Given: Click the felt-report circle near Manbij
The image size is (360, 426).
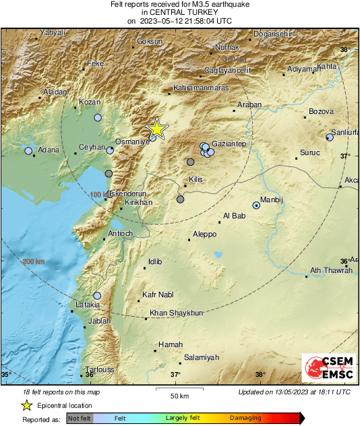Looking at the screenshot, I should click(256, 205).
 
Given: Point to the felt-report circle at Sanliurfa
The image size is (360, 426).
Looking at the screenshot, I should click(330, 137).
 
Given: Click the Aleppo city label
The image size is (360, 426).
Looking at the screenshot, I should click(204, 234).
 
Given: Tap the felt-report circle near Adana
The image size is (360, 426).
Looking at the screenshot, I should click(28, 151).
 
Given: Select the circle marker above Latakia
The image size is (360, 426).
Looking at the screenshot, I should click(97, 295).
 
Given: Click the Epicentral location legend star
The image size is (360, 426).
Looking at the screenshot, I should click(26, 405).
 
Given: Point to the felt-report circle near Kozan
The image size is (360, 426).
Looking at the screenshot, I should click(98, 117).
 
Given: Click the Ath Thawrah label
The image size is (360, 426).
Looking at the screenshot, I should click(330, 270).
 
